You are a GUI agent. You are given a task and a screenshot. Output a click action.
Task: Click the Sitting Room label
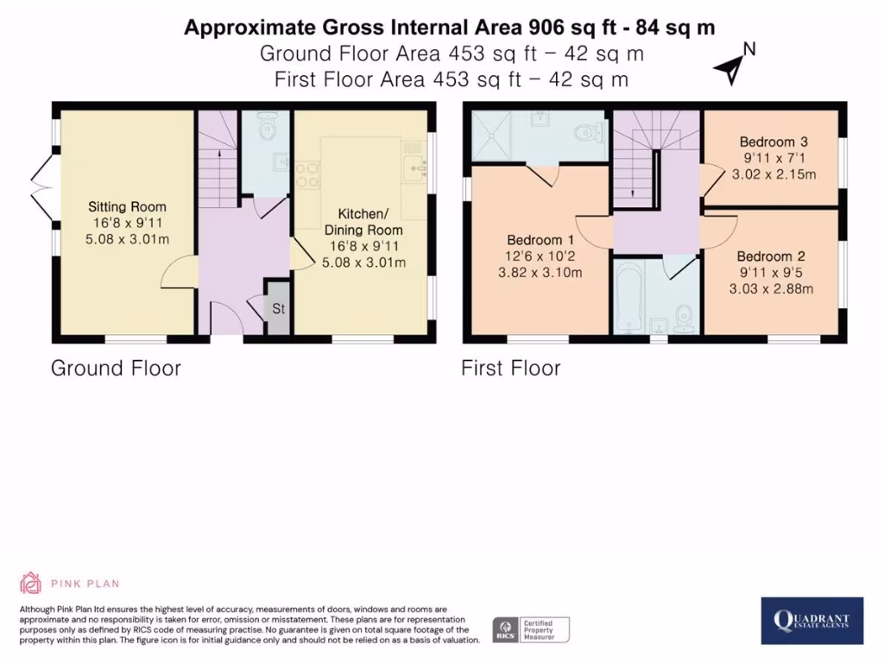click(x=127, y=206)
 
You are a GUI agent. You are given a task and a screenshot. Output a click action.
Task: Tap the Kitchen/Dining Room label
click(x=363, y=222)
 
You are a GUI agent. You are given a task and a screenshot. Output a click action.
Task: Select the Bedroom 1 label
click(x=540, y=240)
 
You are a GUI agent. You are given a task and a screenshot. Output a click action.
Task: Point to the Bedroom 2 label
click(x=771, y=256)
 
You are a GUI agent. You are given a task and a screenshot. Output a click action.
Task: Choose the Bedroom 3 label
click(x=773, y=142)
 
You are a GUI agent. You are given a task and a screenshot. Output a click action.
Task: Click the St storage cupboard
click(x=278, y=308)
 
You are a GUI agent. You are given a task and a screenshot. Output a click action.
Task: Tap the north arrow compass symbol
click(x=734, y=66)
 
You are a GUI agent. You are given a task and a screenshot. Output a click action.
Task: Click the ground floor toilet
click(x=267, y=127)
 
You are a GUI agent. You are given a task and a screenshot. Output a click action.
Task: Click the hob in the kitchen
click(x=307, y=174)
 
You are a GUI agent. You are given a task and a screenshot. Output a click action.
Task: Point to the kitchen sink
click(x=416, y=168)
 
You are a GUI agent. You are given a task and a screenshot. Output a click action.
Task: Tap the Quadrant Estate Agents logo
click(x=811, y=620)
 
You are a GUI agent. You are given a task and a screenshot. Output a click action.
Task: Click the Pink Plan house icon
click(x=30, y=583)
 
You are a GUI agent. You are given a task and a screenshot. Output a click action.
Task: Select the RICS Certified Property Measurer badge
click(x=531, y=629)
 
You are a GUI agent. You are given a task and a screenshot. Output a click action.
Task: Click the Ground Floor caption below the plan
click(x=117, y=368)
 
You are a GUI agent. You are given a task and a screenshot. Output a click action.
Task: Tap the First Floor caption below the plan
click(x=511, y=368)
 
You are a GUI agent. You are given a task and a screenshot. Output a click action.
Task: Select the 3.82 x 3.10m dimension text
click(x=540, y=273)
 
